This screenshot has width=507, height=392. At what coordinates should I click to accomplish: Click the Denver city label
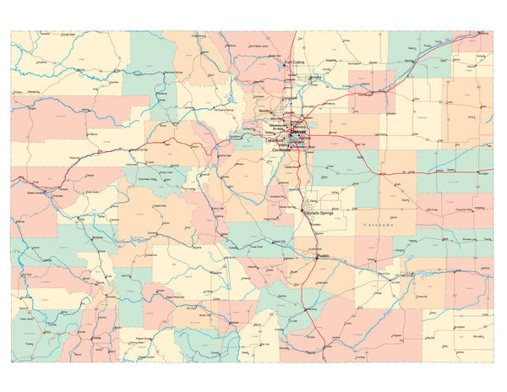point(300,133)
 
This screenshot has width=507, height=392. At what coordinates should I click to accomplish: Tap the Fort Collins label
point(294,63)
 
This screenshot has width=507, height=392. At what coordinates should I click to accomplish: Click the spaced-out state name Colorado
point(380,226)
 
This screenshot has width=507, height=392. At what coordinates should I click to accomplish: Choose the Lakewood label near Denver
point(278,139)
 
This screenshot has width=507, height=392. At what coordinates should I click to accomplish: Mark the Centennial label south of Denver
point(295,149)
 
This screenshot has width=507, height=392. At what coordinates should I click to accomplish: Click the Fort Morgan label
point(365,95)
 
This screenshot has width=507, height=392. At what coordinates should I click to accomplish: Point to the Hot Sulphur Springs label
point(224,110)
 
